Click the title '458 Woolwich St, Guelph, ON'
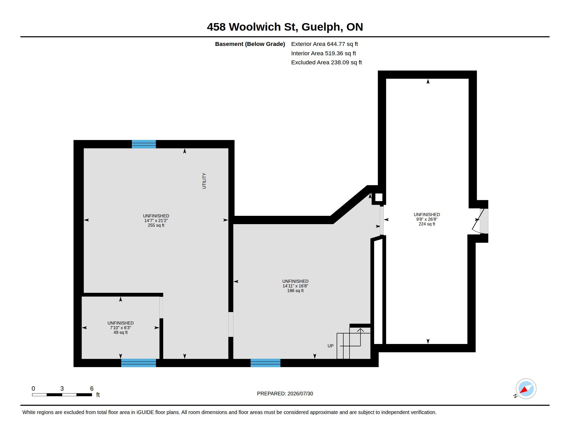pos(285,27)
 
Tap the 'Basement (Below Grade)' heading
pos(250,44)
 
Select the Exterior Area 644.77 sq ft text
pos(324,44)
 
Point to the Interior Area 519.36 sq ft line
pos(323,53)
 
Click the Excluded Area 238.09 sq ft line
pos(326,63)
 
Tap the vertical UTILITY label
pos(204,181)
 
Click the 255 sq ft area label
pos(156,225)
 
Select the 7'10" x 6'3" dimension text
pos(120,328)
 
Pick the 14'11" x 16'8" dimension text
pos(295,286)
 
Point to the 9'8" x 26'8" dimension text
pos(427,219)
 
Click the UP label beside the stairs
pos(330,346)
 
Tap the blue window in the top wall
pos(144,144)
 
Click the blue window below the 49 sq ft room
pos(139,363)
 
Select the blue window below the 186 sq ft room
pos(265,363)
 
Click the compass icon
pos(526,389)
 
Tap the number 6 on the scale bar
pos(92,389)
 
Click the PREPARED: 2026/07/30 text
pos(285,394)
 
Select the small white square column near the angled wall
pos(379,197)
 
